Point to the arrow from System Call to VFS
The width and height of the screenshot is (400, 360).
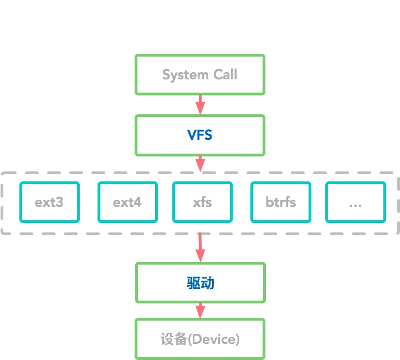click(x=200, y=104)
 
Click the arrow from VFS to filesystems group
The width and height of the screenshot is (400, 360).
click(x=200, y=164)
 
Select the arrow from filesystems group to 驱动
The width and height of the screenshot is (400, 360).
click(x=200, y=247)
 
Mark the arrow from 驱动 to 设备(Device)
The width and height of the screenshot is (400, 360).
click(x=200, y=311)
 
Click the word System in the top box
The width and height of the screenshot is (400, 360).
click(x=186, y=75)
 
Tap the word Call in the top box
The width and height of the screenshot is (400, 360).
click(x=225, y=74)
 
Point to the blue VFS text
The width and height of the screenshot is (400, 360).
click(x=200, y=135)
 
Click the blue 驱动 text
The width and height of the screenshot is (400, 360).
click(x=201, y=283)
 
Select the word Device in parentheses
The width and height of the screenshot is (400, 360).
click(x=214, y=339)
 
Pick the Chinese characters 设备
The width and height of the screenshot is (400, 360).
click(x=174, y=339)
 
